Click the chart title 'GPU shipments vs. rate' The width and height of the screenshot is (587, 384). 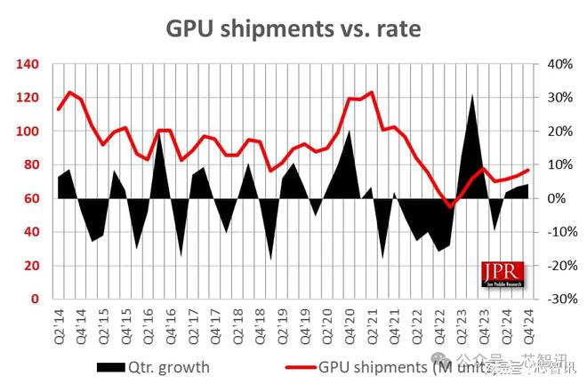(293, 28)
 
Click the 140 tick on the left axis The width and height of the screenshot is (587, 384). (26, 64)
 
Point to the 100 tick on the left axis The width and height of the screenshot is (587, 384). (26, 132)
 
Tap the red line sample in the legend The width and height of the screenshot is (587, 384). (299, 366)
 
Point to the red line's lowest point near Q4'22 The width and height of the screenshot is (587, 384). (451, 205)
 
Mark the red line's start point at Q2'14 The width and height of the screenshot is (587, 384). (59, 109)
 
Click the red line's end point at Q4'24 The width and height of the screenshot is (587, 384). (529, 170)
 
